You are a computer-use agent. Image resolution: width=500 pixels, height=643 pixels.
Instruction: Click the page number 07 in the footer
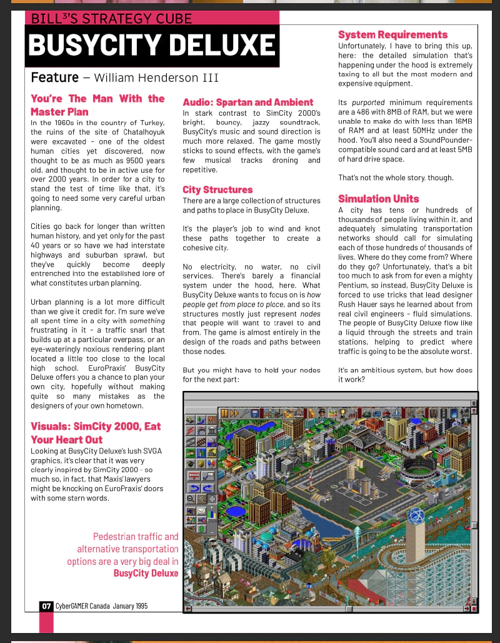pyautogui.click(x=46, y=605)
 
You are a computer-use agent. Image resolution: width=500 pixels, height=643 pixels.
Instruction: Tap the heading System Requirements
pyautogui.click(x=392, y=34)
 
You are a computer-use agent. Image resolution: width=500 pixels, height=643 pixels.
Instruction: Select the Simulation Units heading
pyautogui.click(x=378, y=199)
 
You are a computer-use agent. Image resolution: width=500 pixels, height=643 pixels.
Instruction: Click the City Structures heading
pyautogui.click(x=217, y=190)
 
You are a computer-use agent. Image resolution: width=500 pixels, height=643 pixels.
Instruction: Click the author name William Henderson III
pyautogui.click(x=156, y=78)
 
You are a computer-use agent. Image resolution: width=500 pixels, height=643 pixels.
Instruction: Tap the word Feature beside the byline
pyautogui.click(x=54, y=78)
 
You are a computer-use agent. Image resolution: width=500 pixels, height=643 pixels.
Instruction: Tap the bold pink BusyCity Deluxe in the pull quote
pyautogui.click(x=146, y=573)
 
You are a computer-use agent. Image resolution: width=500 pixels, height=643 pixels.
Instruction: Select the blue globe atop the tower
pyautogui.click(x=416, y=516)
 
